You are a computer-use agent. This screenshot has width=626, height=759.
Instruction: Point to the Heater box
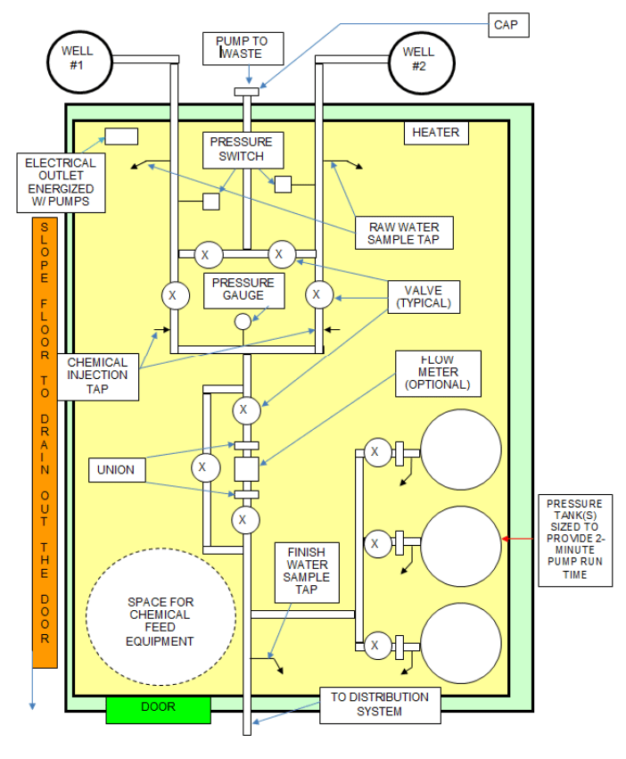pyautogui.click(x=435, y=133)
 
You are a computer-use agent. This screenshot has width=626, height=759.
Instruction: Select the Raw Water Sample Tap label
pyautogui.click(x=403, y=232)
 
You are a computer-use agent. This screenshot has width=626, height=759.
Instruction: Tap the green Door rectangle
pyautogui.click(x=158, y=708)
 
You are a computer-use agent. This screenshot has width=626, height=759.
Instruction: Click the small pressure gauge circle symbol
pyautogui.click(x=243, y=322)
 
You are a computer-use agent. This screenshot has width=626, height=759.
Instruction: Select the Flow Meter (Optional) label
pyautogui.click(x=437, y=373)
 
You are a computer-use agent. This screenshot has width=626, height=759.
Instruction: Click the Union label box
pyautogui.click(x=117, y=470)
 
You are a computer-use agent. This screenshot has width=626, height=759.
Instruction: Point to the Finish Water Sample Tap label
pyautogui.click(x=306, y=571)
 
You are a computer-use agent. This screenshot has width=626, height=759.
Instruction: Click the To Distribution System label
pyautogui.click(x=380, y=705)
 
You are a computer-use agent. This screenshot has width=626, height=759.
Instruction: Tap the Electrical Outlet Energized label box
pyautogui.click(x=60, y=183)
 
